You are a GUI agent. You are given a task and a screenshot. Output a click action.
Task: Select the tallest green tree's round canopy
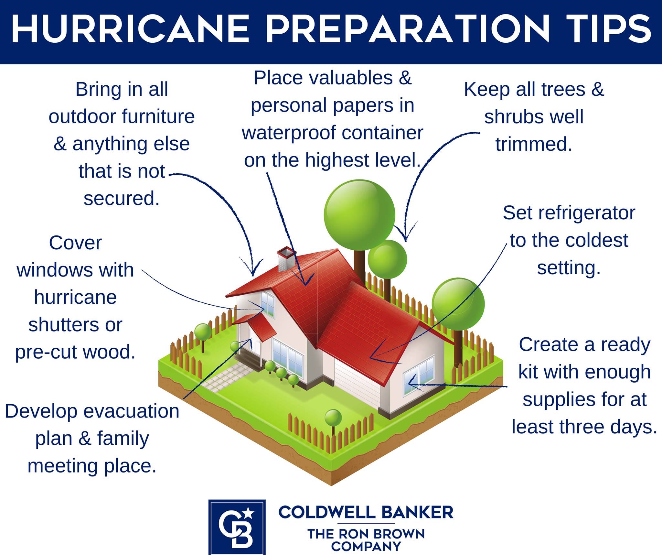(359, 215)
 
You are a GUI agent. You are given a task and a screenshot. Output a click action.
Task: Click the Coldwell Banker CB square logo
(237, 527)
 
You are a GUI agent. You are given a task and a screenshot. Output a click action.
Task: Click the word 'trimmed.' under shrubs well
(534, 144)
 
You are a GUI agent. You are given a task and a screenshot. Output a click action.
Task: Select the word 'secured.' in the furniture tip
(122, 198)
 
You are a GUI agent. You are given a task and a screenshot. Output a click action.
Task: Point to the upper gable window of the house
(267, 303)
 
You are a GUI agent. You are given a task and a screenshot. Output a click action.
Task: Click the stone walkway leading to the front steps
(227, 375)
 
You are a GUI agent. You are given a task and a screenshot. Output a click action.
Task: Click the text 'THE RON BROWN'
(366, 534)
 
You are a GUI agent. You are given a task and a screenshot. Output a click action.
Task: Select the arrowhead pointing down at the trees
(406, 232)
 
